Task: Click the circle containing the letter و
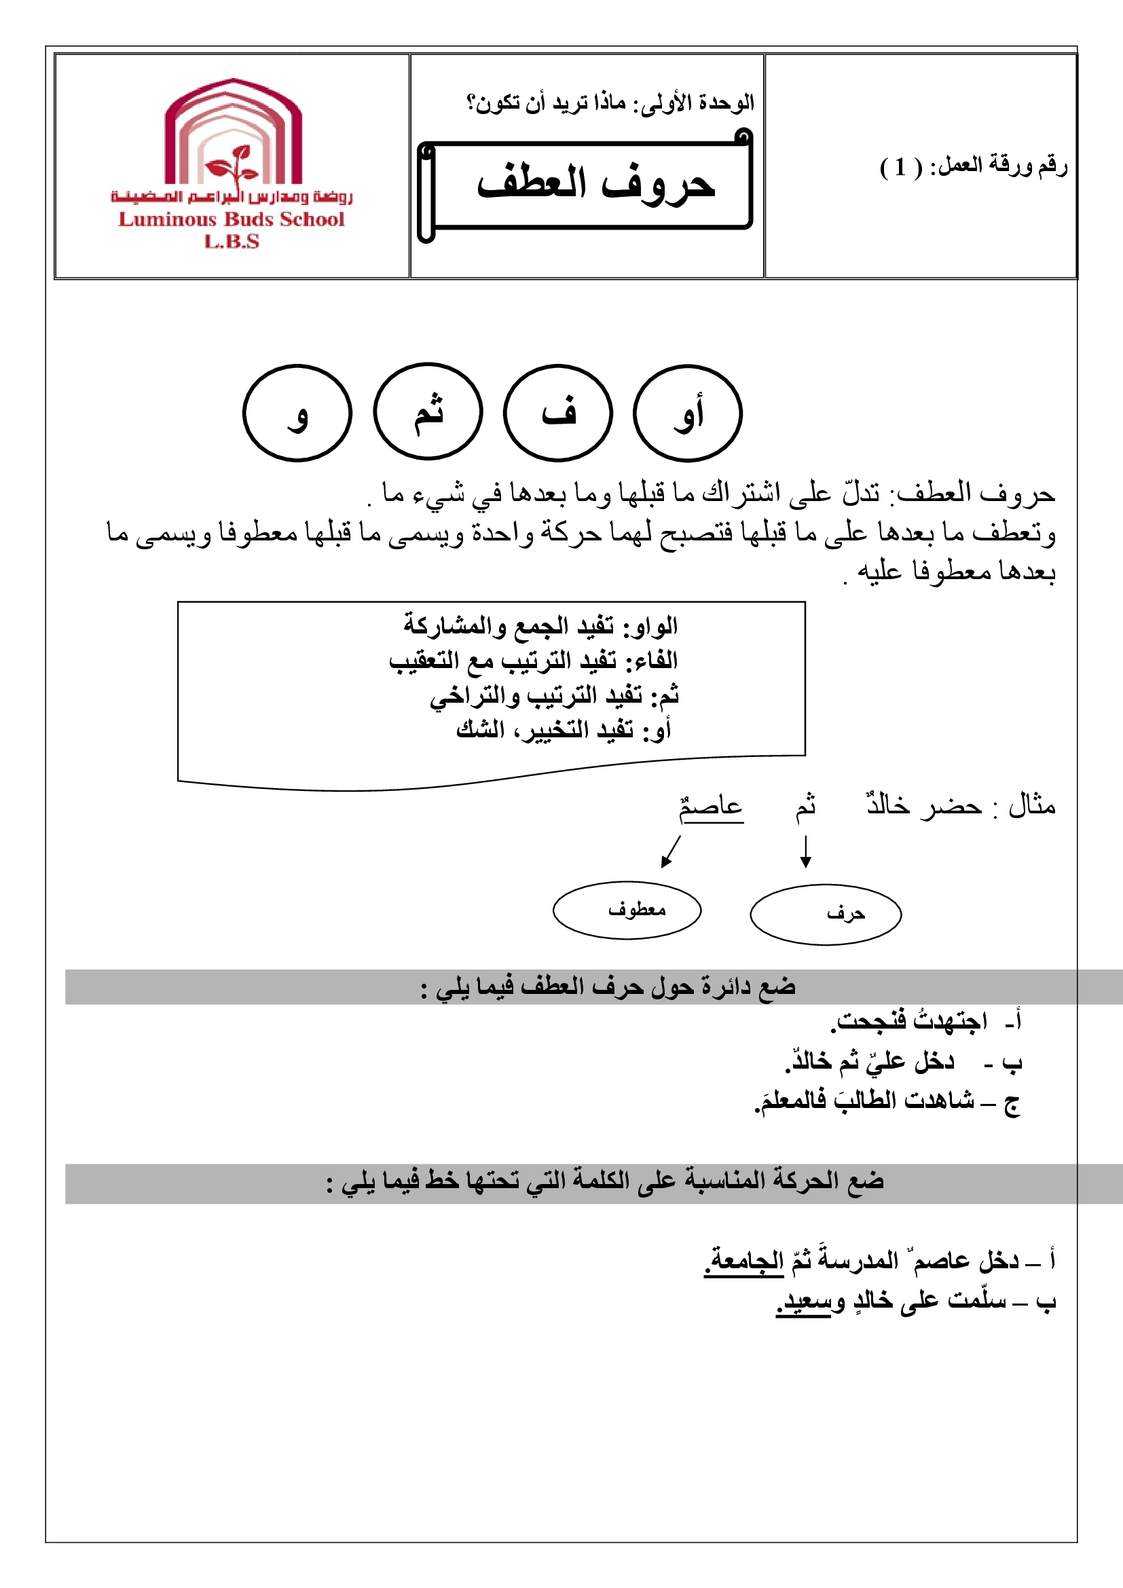coord(297,413)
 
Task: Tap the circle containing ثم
coord(427,411)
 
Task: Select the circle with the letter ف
coord(557,413)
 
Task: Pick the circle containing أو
coord(687,413)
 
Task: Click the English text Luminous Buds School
coord(231,219)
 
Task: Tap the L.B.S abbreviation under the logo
coord(231,242)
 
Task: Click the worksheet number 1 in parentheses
coord(900,167)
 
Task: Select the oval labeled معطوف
coord(627,910)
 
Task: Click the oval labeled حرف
coord(826,915)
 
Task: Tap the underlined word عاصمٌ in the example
coord(711,807)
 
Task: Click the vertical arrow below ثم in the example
coord(805,851)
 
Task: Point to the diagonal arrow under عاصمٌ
coord(671,851)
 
